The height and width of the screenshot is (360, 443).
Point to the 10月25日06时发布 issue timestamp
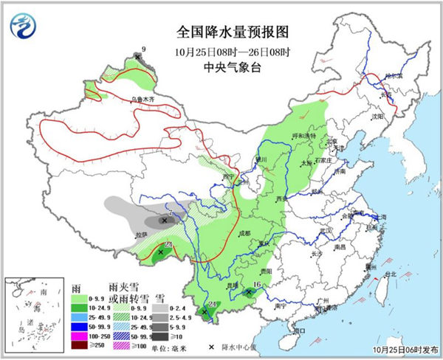pos(405,350)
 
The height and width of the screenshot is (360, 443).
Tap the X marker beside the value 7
pos(163,220)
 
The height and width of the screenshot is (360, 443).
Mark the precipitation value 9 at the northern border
pos(143,49)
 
